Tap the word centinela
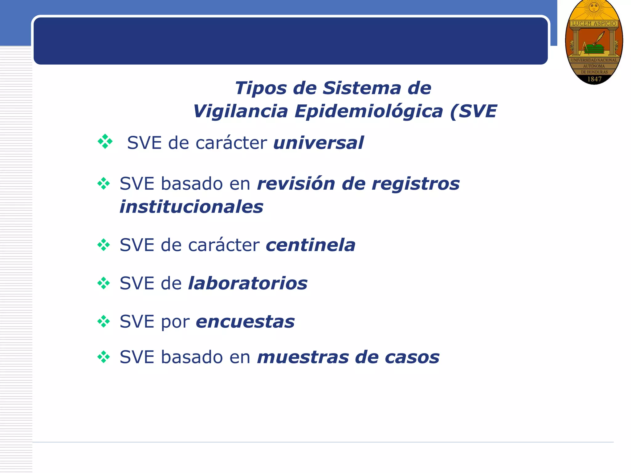pyautogui.click(x=310, y=245)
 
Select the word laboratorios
pyautogui.click(x=248, y=284)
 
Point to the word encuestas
pyautogui.click(x=245, y=322)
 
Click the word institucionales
pyautogui.click(x=191, y=207)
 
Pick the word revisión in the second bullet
pyautogui.click(x=296, y=184)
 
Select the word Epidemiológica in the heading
pyautogui.click(x=368, y=111)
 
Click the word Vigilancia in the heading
pyautogui.click(x=240, y=111)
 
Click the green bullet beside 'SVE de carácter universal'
pyautogui.click(x=105, y=142)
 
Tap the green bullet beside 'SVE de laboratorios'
pyautogui.click(x=104, y=283)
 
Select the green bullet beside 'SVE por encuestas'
pyautogui.click(x=104, y=321)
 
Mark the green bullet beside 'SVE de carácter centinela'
pyautogui.click(x=104, y=245)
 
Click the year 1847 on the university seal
pyautogui.click(x=594, y=79)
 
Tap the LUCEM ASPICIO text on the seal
pyautogui.click(x=594, y=23)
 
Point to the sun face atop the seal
pyautogui.click(x=594, y=7)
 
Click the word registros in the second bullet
pyautogui.click(x=416, y=184)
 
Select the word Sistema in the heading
pyautogui.click(x=361, y=88)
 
